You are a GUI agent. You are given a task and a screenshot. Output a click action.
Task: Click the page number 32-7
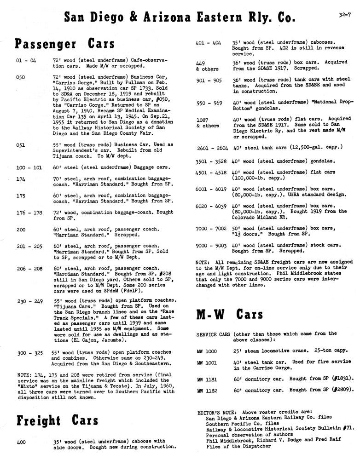click(343, 15)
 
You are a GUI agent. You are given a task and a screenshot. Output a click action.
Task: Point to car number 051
click(20, 144)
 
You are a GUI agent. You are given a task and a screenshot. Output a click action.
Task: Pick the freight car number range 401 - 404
click(209, 42)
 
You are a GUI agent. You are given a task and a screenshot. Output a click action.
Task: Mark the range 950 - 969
click(209, 103)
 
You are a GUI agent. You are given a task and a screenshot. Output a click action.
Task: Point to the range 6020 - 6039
click(212, 206)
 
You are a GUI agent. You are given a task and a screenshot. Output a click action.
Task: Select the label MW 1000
click(207, 351)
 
